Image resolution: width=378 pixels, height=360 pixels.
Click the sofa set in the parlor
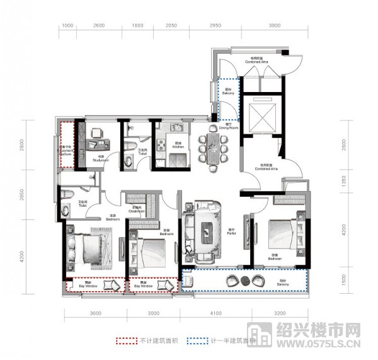click(x=205, y=230)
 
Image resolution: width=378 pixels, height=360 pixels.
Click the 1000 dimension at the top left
click(x=69, y=26)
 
